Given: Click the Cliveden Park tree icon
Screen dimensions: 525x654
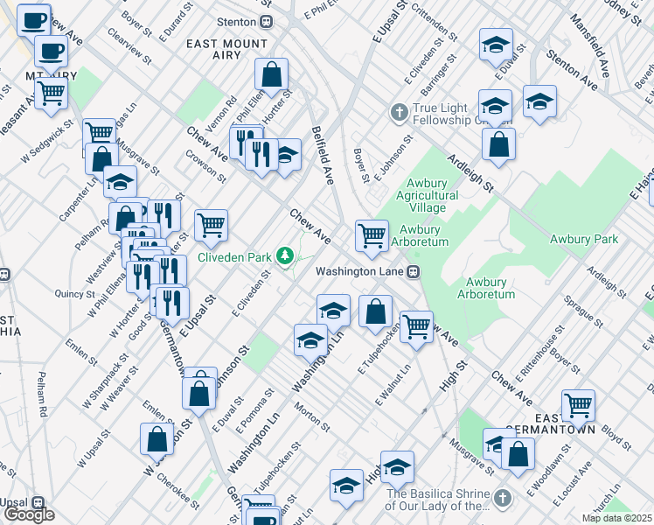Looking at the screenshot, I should pyautogui.click(x=283, y=255).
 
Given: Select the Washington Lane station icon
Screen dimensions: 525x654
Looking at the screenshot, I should pyautogui.click(x=414, y=271).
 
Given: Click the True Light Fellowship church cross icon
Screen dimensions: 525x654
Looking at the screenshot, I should pyautogui.click(x=398, y=112).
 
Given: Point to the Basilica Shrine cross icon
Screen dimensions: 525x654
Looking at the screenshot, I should pyautogui.click(x=501, y=499).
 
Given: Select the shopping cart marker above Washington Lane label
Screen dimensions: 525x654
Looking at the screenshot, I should pyautogui.click(x=372, y=234).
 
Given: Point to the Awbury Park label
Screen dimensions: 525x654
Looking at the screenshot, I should pyautogui.click(x=584, y=239).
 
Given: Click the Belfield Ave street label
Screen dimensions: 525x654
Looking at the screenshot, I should pyautogui.click(x=323, y=155).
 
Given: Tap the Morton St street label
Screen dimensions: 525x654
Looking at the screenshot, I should pyautogui.click(x=312, y=416).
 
